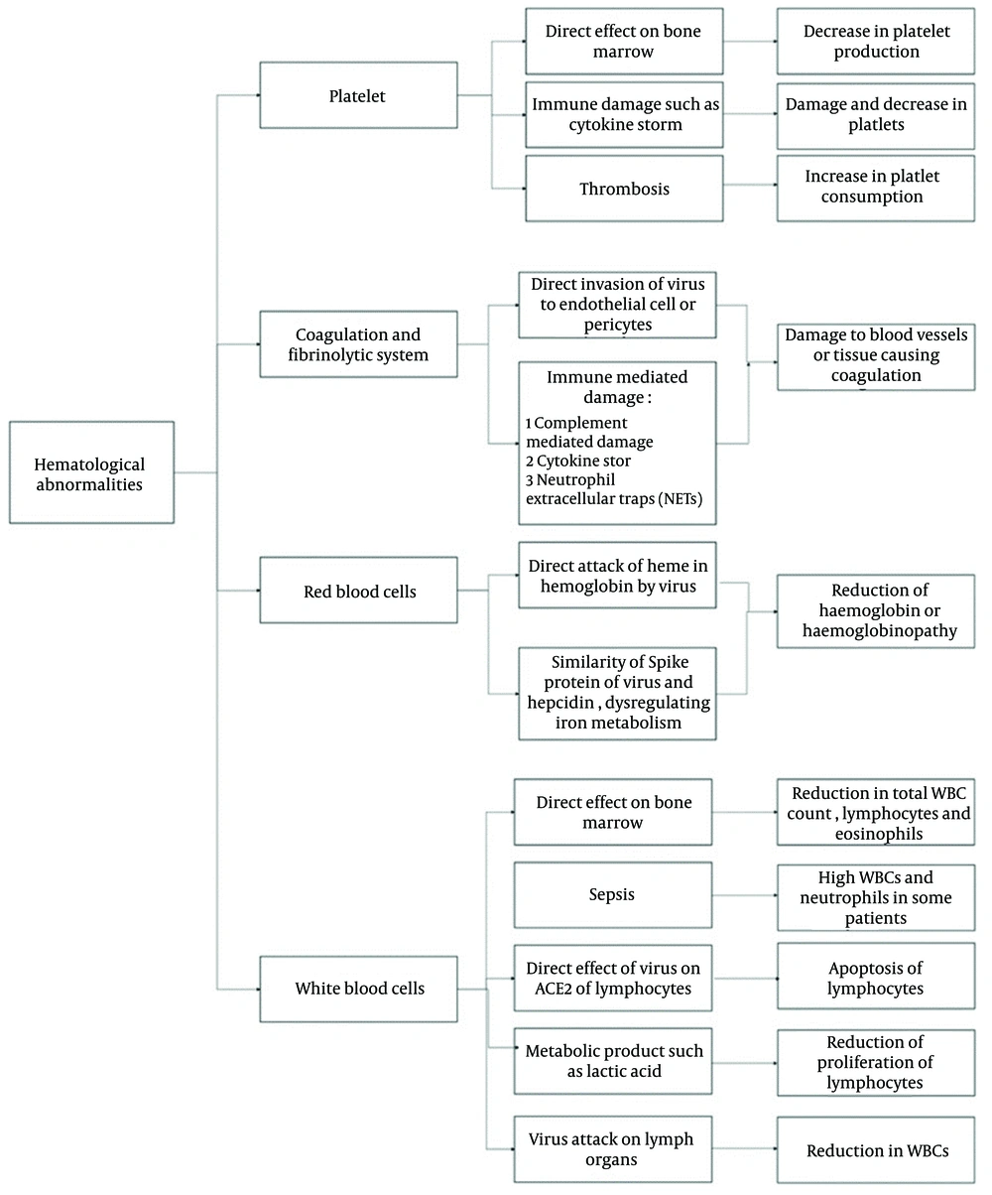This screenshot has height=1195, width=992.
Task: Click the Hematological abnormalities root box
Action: point(91,472)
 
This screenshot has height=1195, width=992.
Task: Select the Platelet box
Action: point(359,95)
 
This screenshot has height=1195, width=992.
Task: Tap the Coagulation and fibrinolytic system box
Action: point(359,344)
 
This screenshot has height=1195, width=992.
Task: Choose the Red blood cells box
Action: point(359,591)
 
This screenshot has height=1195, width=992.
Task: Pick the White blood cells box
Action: point(359,989)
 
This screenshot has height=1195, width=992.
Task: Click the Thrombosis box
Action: point(624,189)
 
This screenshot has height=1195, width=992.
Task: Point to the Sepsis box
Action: point(613,895)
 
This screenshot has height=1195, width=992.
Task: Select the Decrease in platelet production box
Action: point(876,42)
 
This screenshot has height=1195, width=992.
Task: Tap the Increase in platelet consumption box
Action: point(876,189)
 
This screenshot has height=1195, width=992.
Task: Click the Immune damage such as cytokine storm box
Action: point(624,114)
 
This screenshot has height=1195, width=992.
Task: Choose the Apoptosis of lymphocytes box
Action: point(876,977)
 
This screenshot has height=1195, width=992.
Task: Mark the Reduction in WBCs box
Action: point(876,1150)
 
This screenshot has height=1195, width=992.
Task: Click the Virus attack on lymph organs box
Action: point(613,1149)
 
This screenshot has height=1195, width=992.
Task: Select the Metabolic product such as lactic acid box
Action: point(613,1061)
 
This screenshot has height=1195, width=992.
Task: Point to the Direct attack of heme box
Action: point(617,576)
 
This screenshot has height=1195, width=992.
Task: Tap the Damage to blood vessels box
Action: point(876,357)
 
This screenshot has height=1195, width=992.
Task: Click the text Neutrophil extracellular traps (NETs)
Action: point(614,489)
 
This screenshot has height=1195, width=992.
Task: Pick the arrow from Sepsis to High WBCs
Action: point(744,895)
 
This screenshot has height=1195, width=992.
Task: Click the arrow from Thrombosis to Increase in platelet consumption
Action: point(750,185)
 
